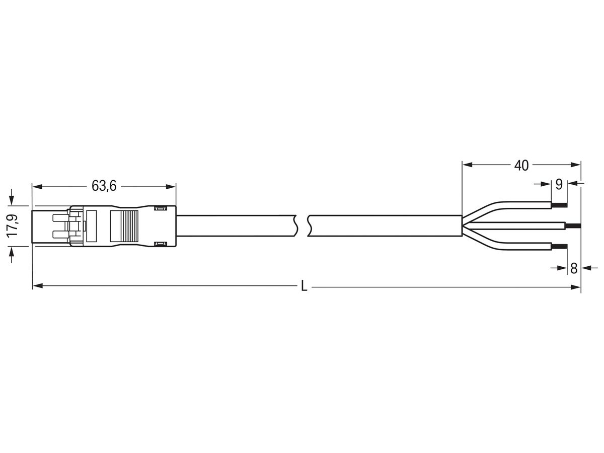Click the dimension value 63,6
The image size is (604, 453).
coord(104,186)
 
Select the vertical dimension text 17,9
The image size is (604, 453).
coord(14,225)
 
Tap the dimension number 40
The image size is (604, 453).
coord(521,165)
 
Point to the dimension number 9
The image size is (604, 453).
coord(559,184)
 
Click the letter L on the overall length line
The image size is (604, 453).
coord(304,287)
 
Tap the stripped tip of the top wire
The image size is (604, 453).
coord(559,205)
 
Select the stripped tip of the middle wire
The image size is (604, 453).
coord(573,225)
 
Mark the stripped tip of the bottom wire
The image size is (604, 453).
coord(560,246)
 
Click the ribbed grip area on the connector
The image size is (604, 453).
coord(124,225)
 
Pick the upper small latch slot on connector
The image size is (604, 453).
coord(160,208)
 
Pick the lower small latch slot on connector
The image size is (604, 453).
coord(160,244)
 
